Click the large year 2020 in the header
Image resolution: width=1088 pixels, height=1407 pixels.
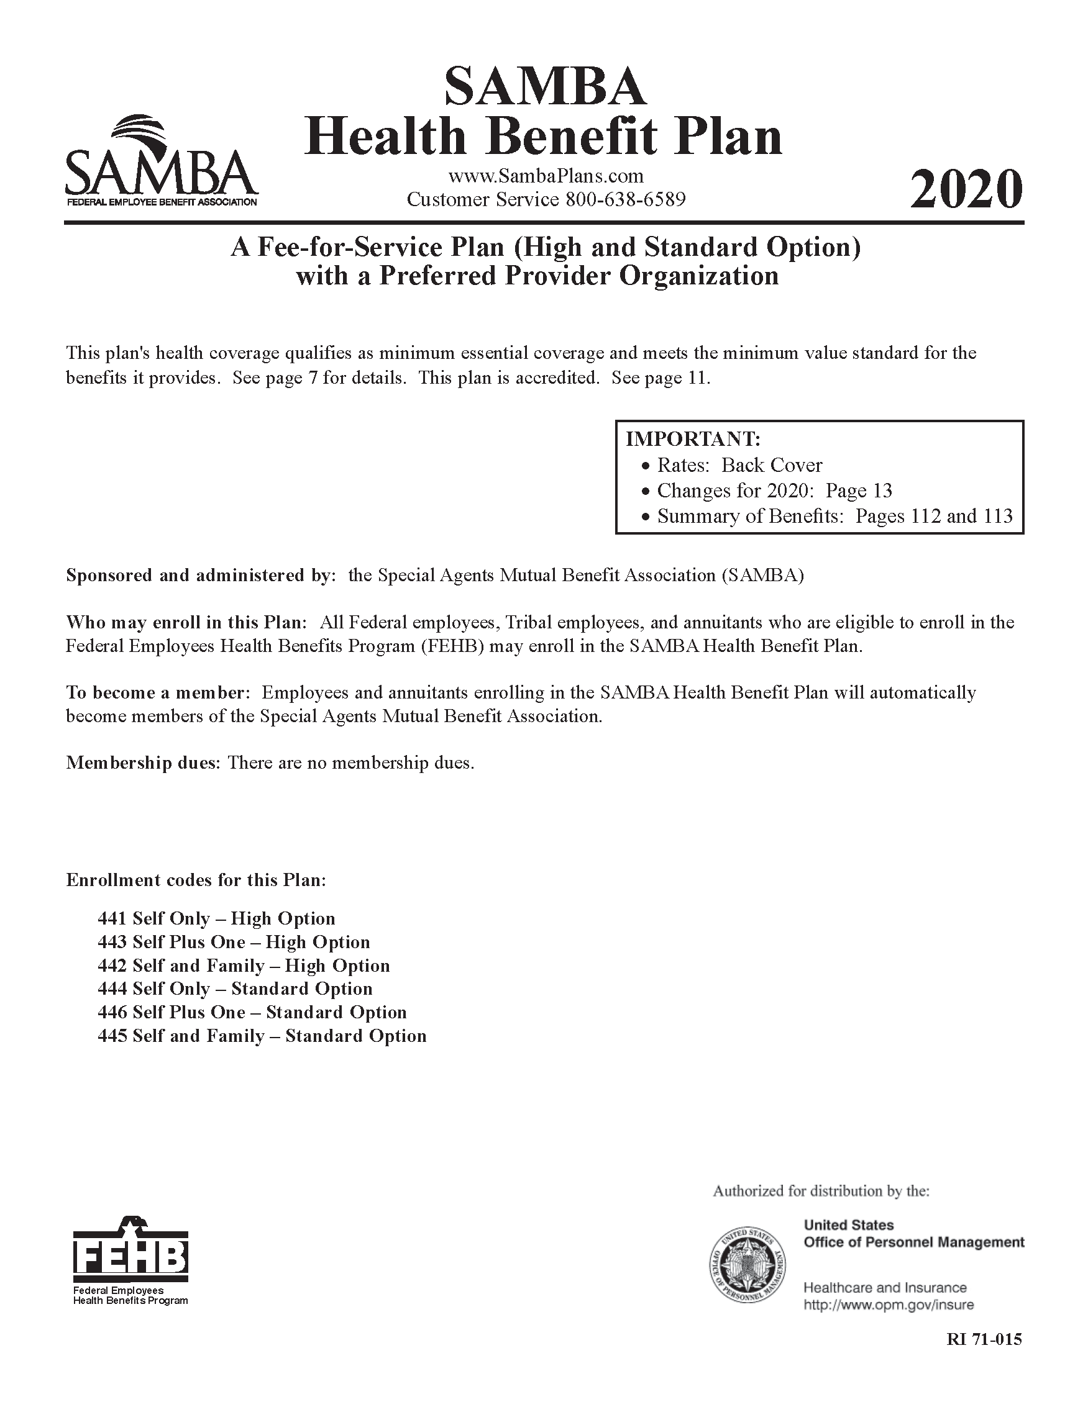(966, 189)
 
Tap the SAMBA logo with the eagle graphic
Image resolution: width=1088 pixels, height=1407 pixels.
(161, 160)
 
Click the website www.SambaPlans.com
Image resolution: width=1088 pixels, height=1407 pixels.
(546, 176)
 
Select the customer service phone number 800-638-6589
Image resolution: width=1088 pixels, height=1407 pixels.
(625, 200)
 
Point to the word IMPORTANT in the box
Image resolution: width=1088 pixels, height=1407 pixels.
(693, 440)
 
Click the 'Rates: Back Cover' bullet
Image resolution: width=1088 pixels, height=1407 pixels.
(739, 465)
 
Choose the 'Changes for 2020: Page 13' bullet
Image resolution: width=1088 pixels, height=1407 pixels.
(774, 491)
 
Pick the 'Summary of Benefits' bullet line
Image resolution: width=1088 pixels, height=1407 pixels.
(834, 516)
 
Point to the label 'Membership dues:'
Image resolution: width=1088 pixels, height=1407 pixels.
(143, 763)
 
